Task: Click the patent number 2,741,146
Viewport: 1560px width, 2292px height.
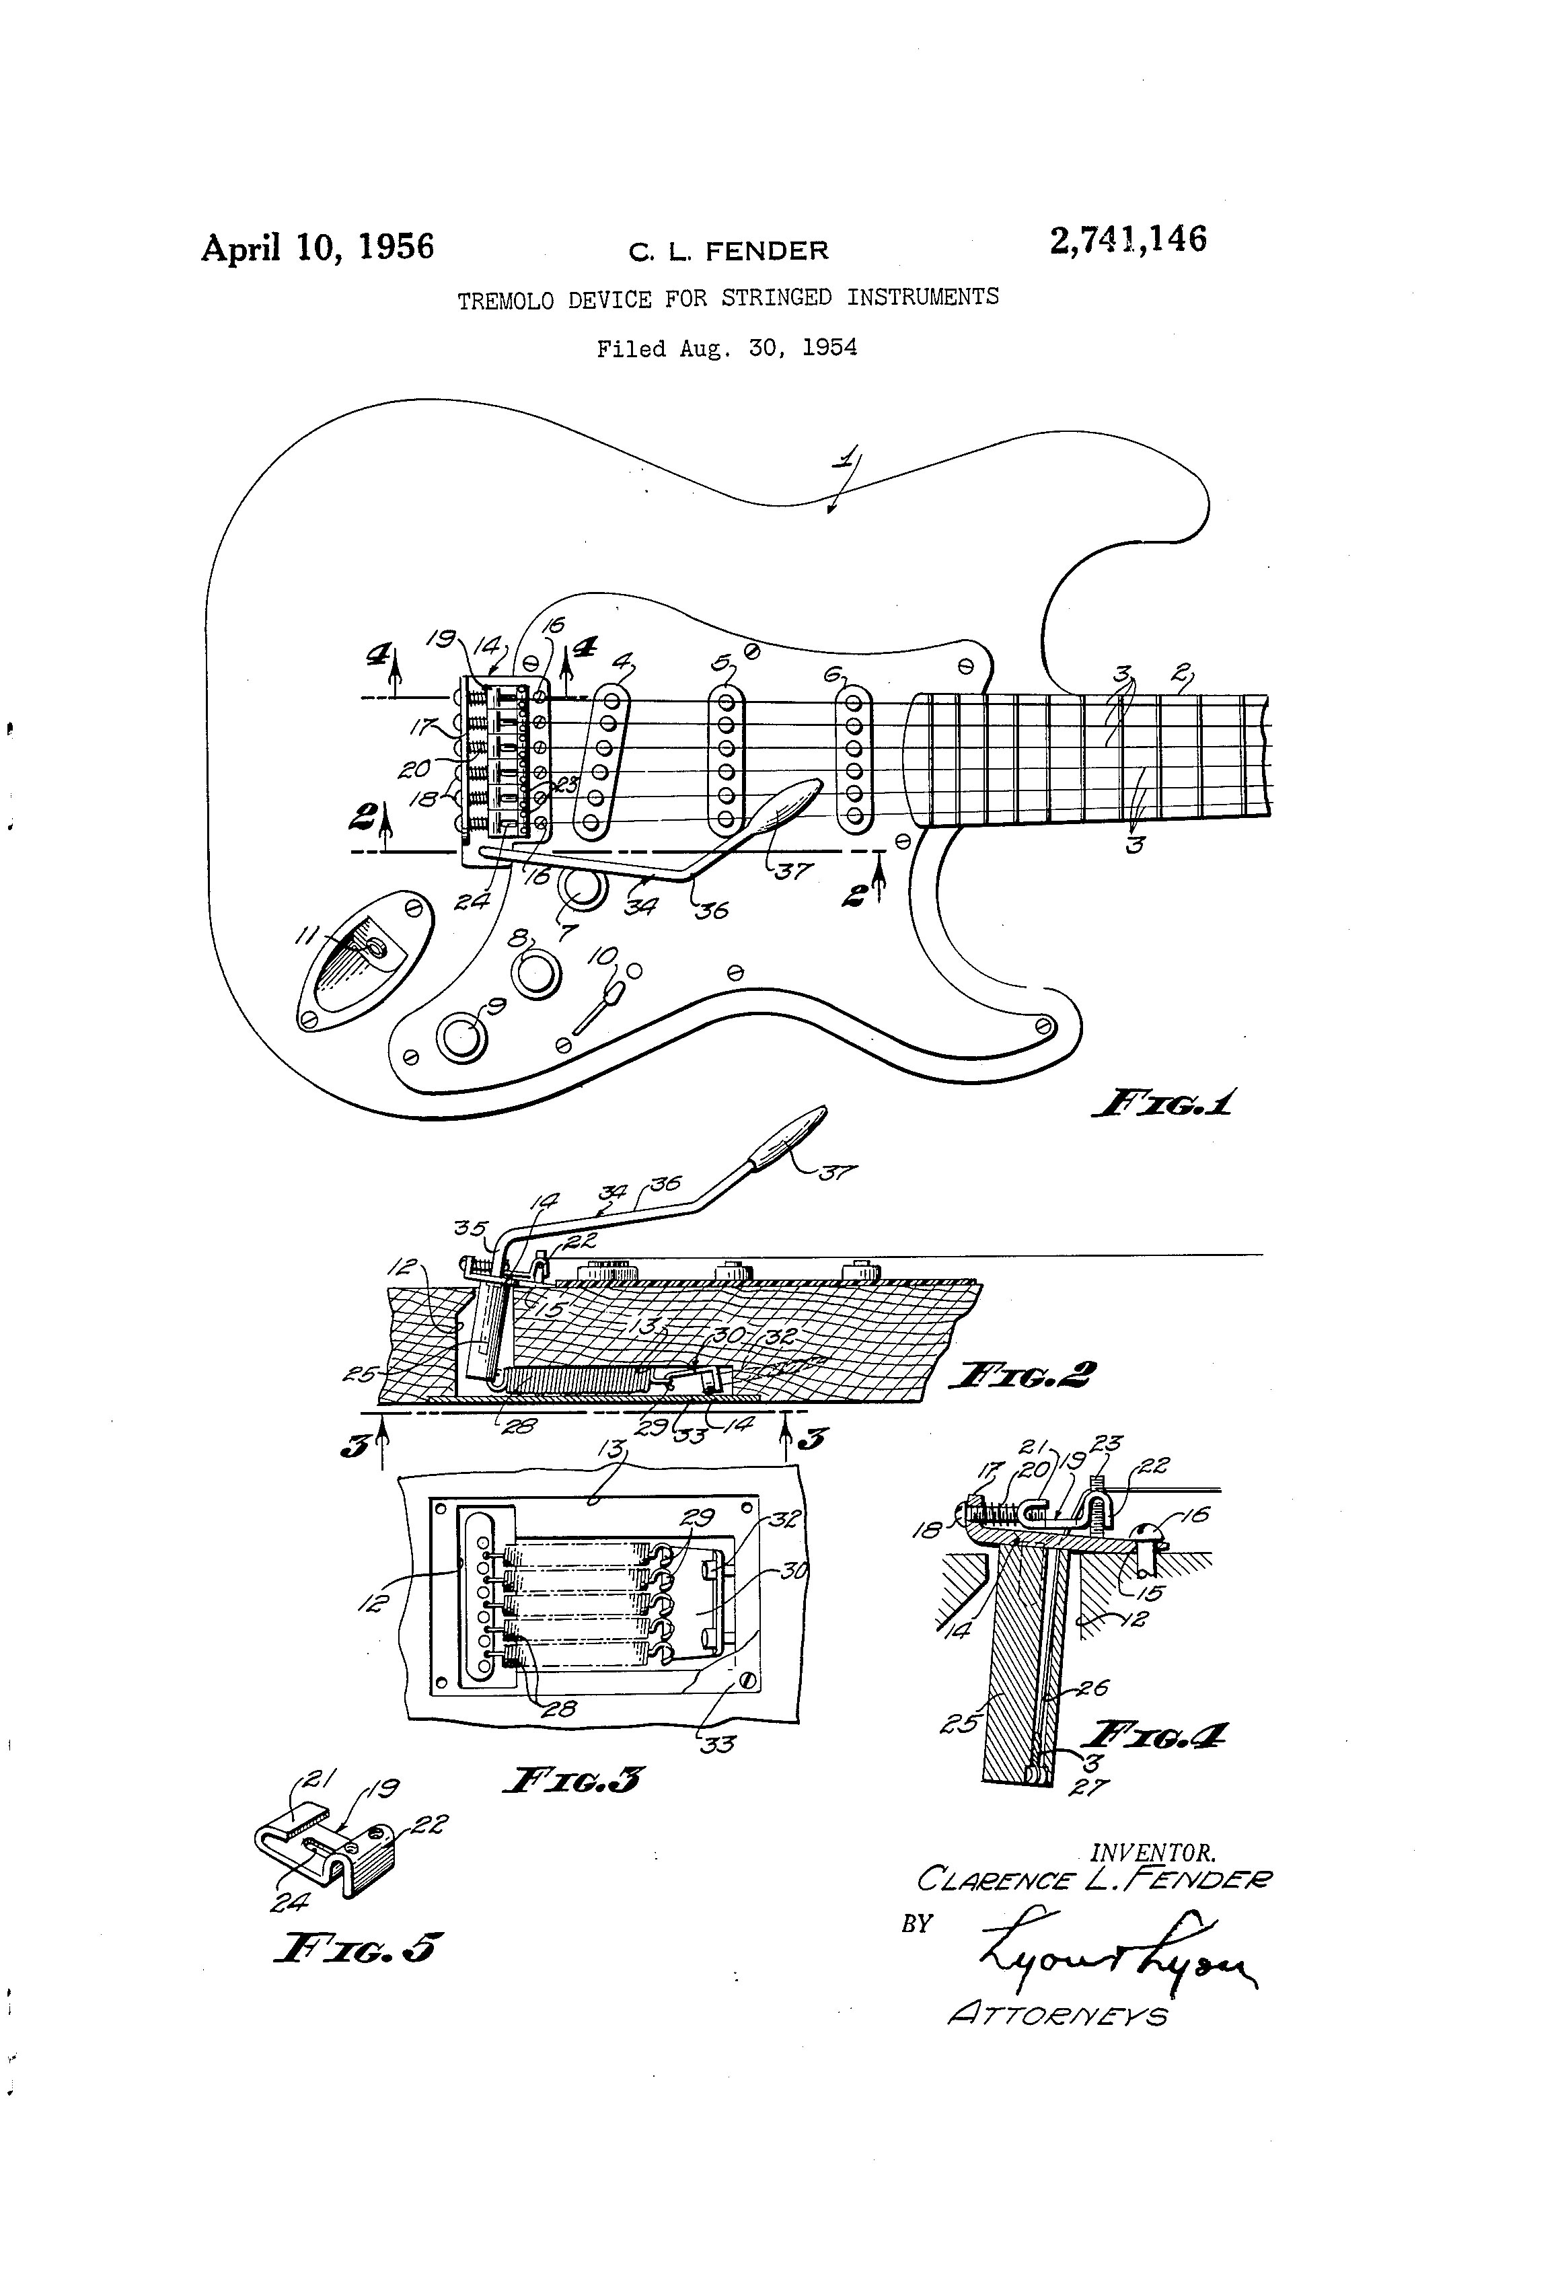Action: [x=1127, y=239]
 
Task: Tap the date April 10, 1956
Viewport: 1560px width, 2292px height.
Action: [x=318, y=247]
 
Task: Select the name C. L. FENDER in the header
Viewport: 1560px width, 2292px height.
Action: [x=729, y=252]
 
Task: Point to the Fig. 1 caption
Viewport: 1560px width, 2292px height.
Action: [x=1164, y=1103]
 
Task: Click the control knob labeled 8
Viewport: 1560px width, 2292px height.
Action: [x=535, y=974]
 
